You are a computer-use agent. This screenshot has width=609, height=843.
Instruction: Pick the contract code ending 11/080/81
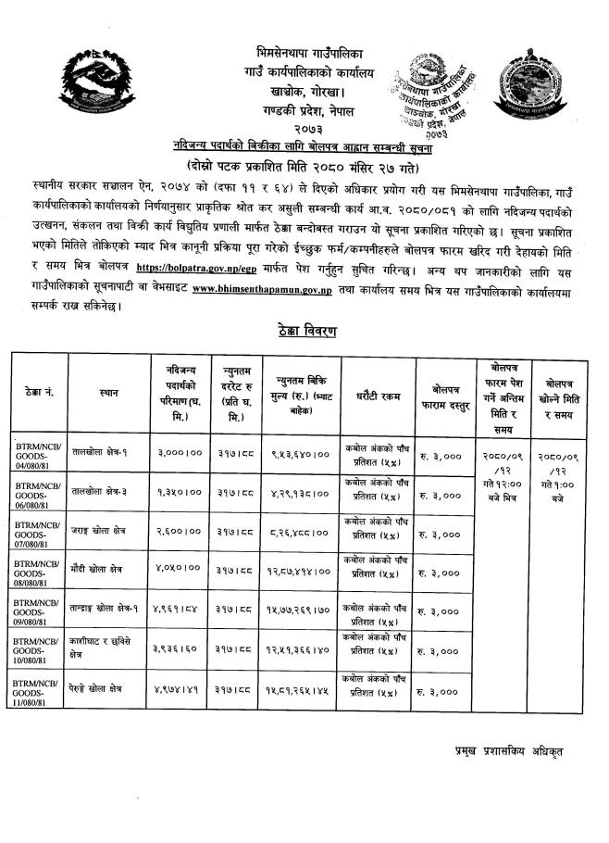(39, 694)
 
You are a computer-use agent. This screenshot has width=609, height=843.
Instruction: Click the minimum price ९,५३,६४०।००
(299, 455)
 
